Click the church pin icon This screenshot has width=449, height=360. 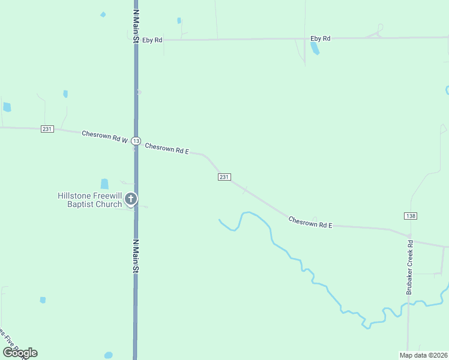coord(131,199)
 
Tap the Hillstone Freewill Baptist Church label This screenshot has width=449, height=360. coord(89,200)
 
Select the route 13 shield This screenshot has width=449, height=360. coord(136,141)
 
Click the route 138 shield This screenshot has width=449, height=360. coord(411,215)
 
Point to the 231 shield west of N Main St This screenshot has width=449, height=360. coord(47,129)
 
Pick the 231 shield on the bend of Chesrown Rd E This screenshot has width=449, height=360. coord(224,176)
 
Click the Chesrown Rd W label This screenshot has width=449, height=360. coord(104,137)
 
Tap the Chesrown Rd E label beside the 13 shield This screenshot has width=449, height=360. coord(167,148)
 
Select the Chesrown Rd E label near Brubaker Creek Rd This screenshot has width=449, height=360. coord(310,222)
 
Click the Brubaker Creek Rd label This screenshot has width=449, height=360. coord(411,267)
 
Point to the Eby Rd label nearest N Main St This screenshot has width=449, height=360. coord(152,40)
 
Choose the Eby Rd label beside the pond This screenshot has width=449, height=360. coord(320,38)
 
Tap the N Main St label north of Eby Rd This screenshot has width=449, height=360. coord(136,26)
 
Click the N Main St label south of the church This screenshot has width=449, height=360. coord(136,256)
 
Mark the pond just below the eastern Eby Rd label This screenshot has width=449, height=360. coord(315,49)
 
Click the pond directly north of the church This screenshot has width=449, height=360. coord(104,184)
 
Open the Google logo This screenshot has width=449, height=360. coord(20,353)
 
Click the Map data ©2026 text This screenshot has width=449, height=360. coord(423,355)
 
